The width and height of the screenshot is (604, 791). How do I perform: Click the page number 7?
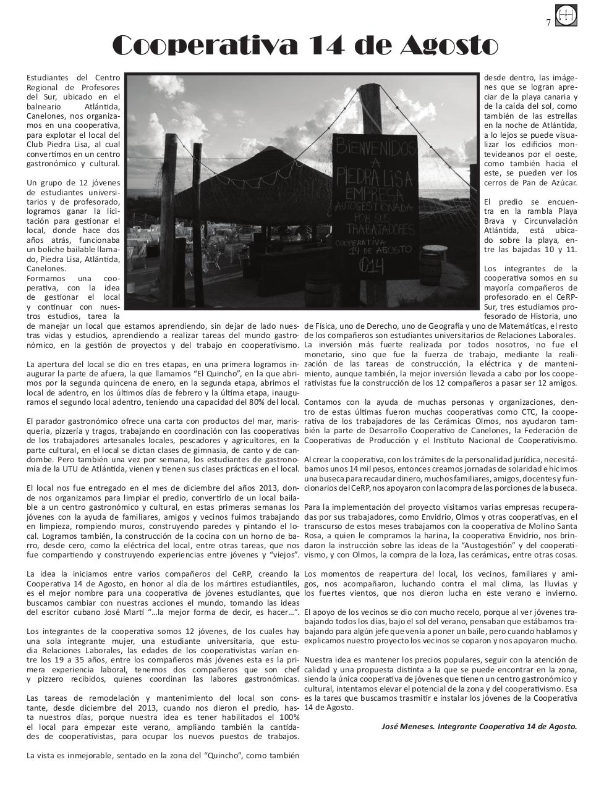click(x=548, y=23)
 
